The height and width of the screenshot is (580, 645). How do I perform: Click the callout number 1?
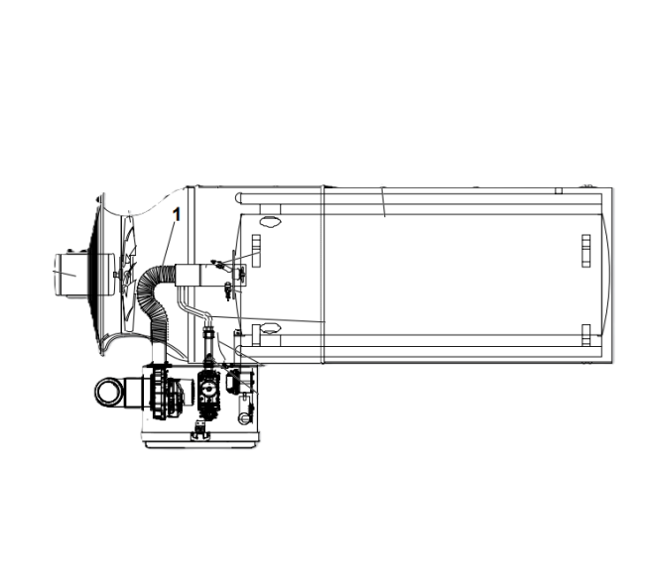click(177, 213)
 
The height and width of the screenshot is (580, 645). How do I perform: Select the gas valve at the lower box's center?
click(208, 393)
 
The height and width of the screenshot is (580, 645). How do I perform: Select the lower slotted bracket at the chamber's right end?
click(586, 331)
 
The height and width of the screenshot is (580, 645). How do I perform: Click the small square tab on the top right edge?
click(559, 189)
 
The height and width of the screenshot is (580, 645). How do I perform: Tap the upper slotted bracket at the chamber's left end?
click(255, 245)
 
